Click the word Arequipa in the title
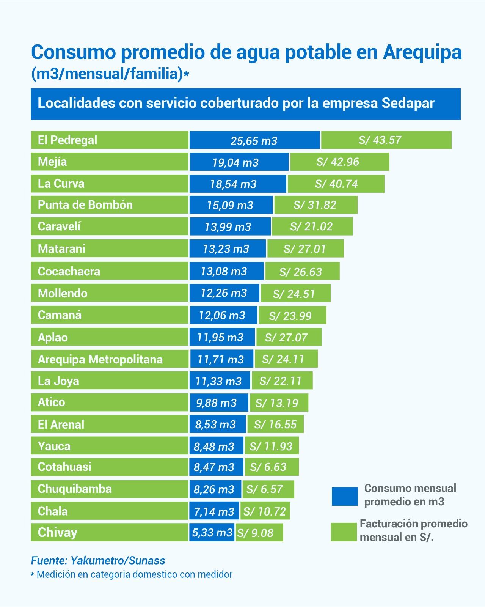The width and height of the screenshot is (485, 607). [422, 52]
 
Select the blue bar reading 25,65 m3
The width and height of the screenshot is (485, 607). [254, 140]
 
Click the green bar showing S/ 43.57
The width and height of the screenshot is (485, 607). [386, 140]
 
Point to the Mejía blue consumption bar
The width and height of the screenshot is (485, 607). [239, 162]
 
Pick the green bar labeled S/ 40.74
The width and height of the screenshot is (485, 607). [336, 184]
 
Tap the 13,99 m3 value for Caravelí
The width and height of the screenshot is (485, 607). [228, 227]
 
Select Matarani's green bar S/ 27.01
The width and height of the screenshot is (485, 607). [305, 249]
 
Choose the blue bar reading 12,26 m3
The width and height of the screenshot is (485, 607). [224, 293]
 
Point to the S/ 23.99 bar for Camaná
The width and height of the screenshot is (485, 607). [292, 315]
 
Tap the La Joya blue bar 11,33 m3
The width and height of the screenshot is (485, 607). [219, 381]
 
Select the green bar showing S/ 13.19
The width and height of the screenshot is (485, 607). [278, 403]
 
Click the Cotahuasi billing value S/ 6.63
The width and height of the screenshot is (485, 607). [271, 467]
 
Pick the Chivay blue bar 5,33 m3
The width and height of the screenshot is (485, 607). [212, 533]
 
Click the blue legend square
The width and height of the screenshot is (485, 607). [344, 497]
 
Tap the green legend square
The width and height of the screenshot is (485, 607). [344, 532]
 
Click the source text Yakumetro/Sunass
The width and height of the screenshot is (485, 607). [118, 561]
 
